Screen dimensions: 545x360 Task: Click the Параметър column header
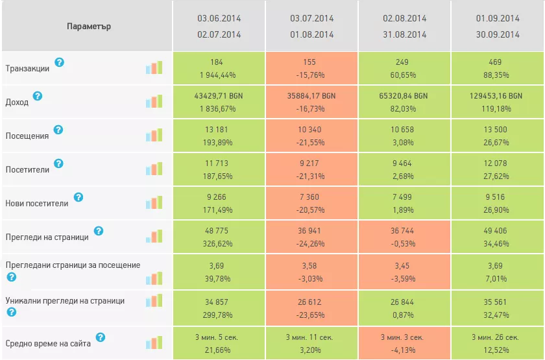pyautogui.click(x=89, y=27)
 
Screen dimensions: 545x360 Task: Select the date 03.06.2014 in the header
pyautogui.click(x=219, y=18)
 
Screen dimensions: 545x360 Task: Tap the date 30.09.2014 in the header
pyautogui.click(x=498, y=35)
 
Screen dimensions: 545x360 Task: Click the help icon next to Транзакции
pyautogui.click(x=60, y=62)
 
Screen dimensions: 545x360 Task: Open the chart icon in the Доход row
pyautogui.click(x=154, y=101)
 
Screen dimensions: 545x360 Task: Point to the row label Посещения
pyautogui.click(x=27, y=136)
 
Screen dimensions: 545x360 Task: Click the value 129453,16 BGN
pyautogui.click(x=496, y=96)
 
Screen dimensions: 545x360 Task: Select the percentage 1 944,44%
pyautogui.click(x=217, y=75)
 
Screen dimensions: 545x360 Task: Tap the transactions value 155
pyautogui.click(x=309, y=62)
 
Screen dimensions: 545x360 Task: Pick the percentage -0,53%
pyautogui.click(x=403, y=244)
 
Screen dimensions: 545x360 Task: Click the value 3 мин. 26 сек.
pyautogui.click(x=495, y=337)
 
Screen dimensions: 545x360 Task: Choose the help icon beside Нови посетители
pyautogui.click(x=79, y=197)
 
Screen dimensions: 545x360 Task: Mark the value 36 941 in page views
pyautogui.click(x=309, y=231)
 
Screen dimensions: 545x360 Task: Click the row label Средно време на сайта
pyautogui.click(x=48, y=344)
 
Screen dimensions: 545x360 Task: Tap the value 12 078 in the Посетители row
pyautogui.click(x=495, y=163)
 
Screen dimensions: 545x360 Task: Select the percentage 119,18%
pyautogui.click(x=496, y=109)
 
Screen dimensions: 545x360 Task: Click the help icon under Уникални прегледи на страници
pyautogui.click(x=12, y=312)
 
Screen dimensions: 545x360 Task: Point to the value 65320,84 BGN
pyautogui.click(x=403, y=96)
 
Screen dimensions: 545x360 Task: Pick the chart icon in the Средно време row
pyautogui.click(x=154, y=342)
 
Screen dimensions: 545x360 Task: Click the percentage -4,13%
pyautogui.click(x=403, y=350)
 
